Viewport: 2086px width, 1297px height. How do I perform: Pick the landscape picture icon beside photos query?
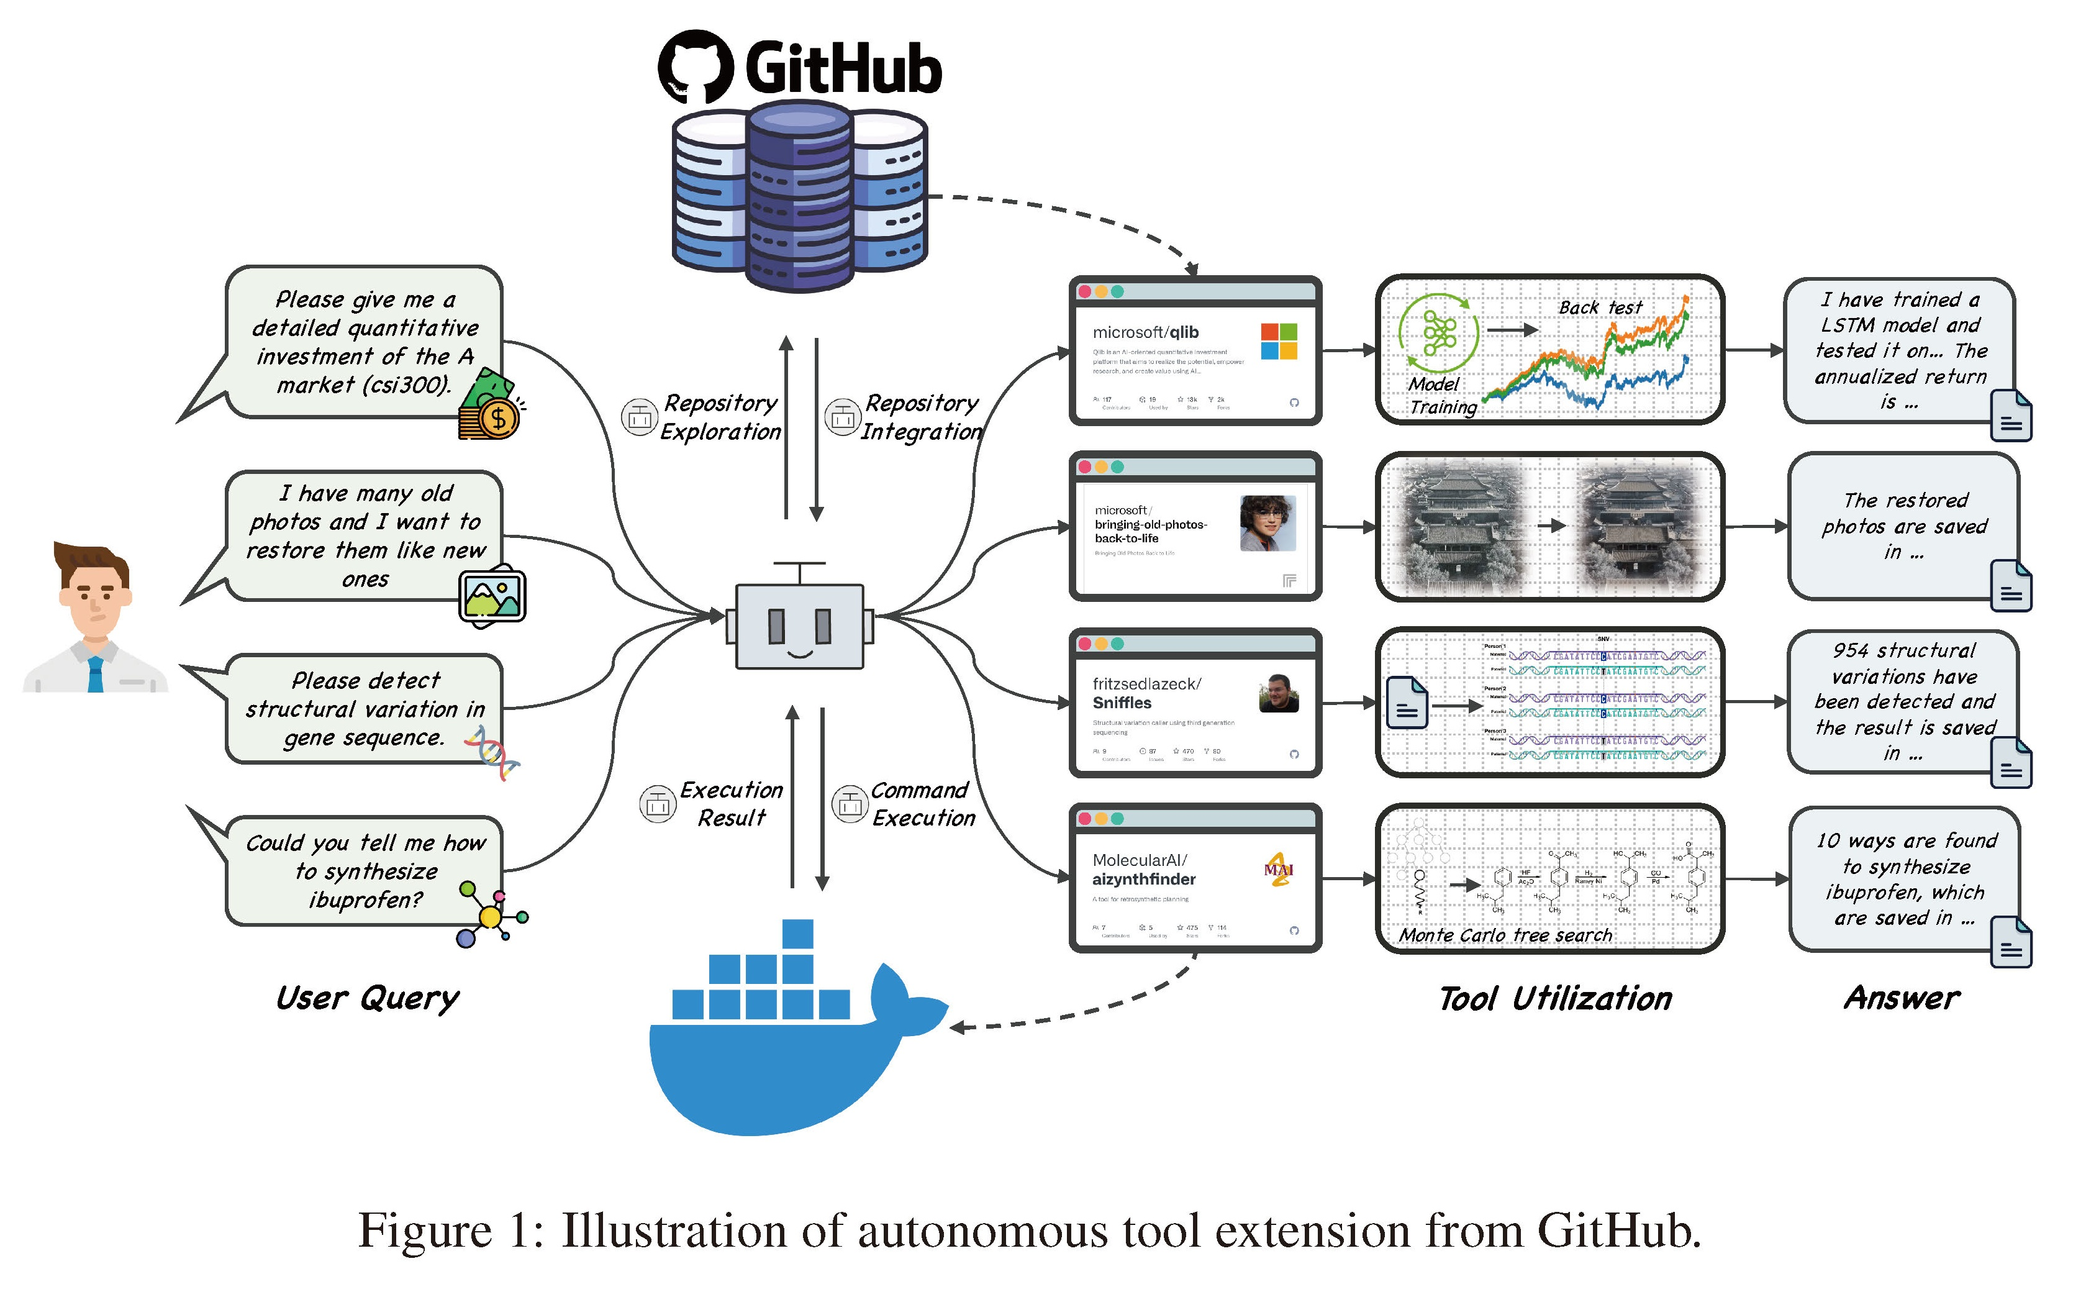point(492,595)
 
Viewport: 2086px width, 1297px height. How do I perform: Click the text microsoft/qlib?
point(1145,332)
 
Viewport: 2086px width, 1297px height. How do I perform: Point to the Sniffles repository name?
point(1122,703)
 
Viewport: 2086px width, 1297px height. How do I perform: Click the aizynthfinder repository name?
point(1144,879)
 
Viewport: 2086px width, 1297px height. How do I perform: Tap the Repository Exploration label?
point(720,417)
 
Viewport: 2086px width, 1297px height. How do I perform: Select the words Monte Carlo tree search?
point(1505,935)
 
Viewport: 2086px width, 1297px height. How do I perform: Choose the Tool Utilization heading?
point(1555,998)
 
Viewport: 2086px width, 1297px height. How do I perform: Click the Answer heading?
point(1902,998)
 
